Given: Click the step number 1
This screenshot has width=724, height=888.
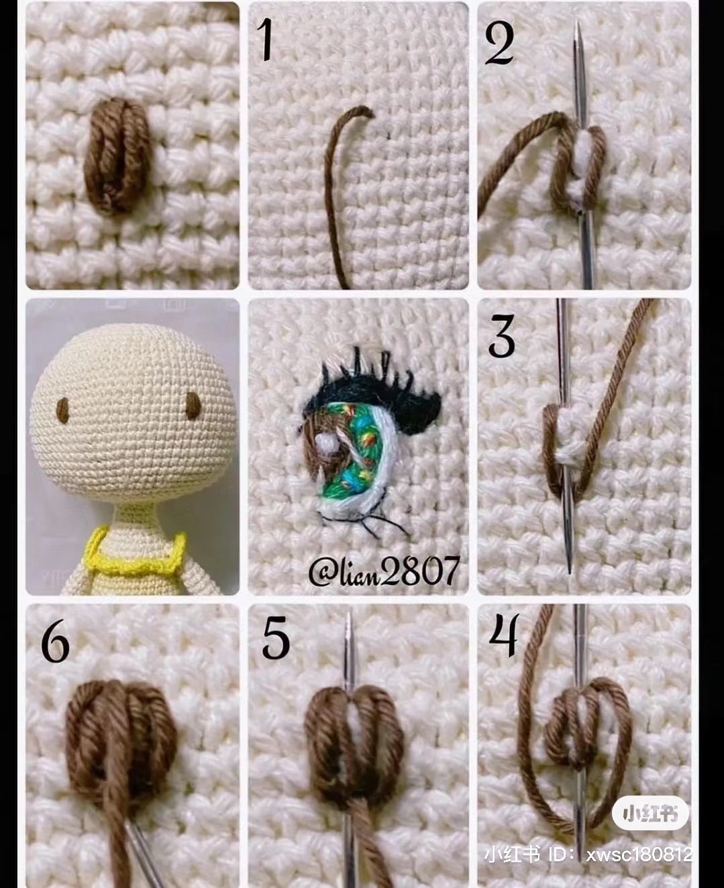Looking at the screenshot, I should tap(266, 40).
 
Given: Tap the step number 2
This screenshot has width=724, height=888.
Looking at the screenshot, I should tap(500, 44).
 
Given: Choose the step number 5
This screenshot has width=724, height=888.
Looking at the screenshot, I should tap(276, 639).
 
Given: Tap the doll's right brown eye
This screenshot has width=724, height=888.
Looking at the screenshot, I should tap(193, 405).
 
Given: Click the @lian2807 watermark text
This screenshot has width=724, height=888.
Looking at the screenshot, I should tap(384, 571).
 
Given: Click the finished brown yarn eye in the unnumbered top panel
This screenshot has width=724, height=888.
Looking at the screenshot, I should tap(116, 156).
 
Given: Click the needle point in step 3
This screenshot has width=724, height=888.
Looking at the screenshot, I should tap(570, 567).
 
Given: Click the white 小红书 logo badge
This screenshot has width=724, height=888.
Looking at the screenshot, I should tap(650, 814).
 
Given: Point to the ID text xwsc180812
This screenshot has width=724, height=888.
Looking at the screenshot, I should tap(637, 855).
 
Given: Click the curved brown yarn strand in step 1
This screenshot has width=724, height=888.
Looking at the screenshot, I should tap(335, 188).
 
